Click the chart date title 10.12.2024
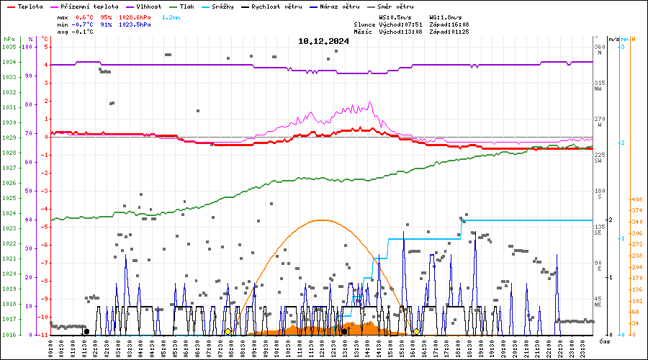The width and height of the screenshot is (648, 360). [323, 41]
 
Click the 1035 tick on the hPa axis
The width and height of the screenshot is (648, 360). [9, 47]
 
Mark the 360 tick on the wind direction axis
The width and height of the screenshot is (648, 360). [599, 47]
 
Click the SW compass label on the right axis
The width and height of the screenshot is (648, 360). [598, 160]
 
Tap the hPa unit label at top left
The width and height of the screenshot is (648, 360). [9, 39]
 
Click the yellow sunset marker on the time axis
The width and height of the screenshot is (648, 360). [416, 332]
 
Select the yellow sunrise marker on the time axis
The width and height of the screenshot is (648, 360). [228, 332]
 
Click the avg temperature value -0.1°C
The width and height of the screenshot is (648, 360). [86, 32]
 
